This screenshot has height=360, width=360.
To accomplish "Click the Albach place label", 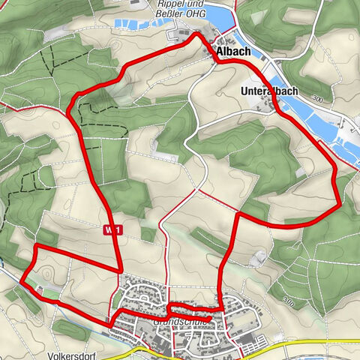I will pos(235,52).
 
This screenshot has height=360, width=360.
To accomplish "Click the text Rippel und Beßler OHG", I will pos(180,7).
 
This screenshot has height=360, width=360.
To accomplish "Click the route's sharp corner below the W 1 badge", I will pos(121,268).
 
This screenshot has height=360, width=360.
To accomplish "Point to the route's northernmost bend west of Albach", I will pos(196,34).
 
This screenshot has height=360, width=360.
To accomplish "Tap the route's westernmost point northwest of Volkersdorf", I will pos(22,282).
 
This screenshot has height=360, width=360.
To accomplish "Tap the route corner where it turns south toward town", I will pos(237,216).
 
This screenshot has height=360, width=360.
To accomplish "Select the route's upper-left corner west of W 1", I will pos(37,246).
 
